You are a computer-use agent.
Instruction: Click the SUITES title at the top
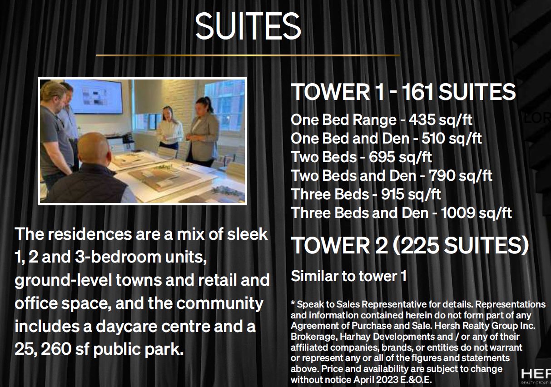[x=248, y=26]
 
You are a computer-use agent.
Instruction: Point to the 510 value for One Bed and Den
[x=433, y=138]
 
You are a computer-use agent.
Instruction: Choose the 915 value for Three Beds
[x=392, y=194]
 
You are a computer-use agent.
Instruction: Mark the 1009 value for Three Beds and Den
[x=457, y=213]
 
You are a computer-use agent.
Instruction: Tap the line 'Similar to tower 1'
[x=348, y=276]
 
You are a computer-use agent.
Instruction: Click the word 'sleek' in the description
[x=247, y=234]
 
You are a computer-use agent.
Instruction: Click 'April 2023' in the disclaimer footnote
[x=376, y=380]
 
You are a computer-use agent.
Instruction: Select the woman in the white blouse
[x=170, y=130]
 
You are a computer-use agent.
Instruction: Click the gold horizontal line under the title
[x=248, y=55]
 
